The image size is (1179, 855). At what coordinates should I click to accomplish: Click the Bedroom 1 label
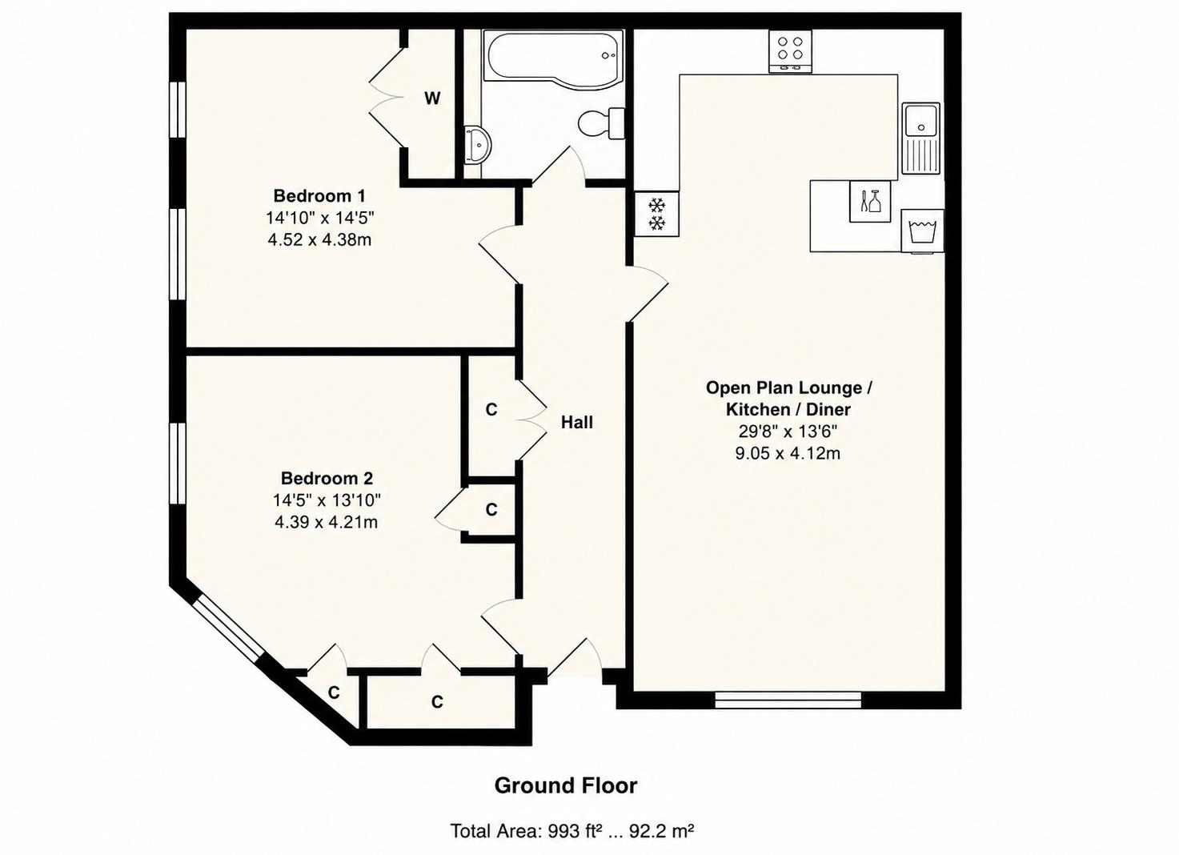(319, 196)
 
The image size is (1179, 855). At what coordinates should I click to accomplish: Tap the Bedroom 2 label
(327, 478)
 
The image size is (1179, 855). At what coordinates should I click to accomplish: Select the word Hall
(577, 422)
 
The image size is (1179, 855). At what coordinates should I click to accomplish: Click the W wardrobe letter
(432, 98)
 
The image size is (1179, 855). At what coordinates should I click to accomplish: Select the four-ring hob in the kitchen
(791, 51)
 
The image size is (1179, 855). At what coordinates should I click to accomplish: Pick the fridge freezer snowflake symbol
(656, 214)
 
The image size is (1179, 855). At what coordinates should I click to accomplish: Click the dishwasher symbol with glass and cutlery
(870, 201)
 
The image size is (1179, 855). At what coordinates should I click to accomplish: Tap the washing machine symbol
(922, 231)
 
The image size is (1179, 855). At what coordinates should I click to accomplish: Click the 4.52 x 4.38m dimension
(319, 240)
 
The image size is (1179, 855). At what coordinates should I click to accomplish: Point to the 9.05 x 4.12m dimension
(788, 453)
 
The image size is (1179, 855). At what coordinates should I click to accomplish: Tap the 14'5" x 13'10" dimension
(327, 500)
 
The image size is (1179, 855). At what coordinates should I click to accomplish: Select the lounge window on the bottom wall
(788, 700)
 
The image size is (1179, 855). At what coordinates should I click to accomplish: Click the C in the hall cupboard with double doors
(491, 410)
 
